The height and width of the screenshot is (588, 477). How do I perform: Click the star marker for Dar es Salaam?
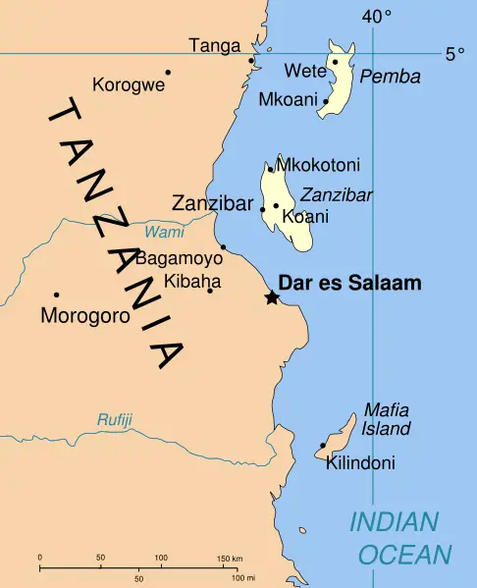pos(272,297)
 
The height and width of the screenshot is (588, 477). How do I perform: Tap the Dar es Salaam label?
pos(349,284)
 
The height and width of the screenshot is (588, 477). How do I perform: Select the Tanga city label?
pos(214,45)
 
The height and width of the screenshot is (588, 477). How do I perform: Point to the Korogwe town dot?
pos(168,72)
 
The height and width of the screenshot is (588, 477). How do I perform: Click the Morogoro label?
pos(85,316)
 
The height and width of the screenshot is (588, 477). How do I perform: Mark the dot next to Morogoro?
pos(56,294)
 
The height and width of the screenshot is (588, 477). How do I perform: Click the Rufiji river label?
pos(114,420)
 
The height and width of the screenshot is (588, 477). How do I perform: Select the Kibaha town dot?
pos(209,291)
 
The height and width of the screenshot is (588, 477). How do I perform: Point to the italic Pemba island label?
pos(390,77)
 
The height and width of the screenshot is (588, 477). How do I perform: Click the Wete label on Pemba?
pos(301,70)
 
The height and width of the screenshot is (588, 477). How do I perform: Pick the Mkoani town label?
pos(288,99)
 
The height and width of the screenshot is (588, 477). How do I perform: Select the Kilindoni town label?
pos(360,462)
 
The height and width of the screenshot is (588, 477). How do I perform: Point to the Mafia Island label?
pos(387,419)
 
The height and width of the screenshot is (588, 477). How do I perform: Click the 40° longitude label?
pos(376,16)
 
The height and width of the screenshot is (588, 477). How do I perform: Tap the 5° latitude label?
pos(454,54)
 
